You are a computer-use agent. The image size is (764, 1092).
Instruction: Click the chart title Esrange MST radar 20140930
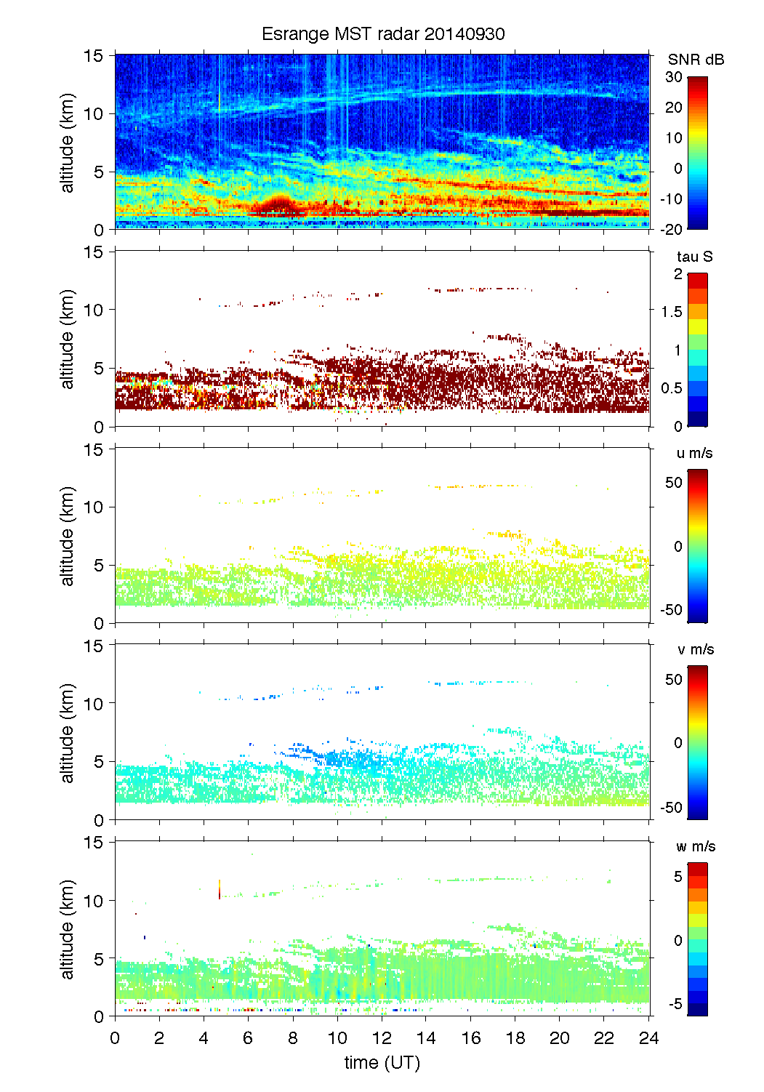click(x=383, y=34)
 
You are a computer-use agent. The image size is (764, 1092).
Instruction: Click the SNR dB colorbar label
click(x=696, y=60)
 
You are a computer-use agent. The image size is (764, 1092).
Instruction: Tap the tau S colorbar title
click(x=694, y=257)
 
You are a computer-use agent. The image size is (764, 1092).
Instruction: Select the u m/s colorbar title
click(x=694, y=453)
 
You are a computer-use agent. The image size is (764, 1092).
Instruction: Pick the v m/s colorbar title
click(x=695, y=649)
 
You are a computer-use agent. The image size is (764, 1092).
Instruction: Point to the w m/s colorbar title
click(x=695, y=846)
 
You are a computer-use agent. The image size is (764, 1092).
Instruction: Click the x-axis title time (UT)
click(x=382, y=1062)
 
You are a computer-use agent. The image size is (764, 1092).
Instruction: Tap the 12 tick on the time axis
click(x=382, y=1037)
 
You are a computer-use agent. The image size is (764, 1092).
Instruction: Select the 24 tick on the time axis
click(x=648, y=1037)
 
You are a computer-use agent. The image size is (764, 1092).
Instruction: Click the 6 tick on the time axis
click(x=248, y=1037)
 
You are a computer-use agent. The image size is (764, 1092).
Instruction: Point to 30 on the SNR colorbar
click(x=674, y=77)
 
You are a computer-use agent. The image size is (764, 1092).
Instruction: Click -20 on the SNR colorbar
click(x=672, y=229)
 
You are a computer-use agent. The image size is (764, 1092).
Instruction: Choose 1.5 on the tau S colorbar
click(x=671, y=312)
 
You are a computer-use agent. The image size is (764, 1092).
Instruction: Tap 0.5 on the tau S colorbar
click(x=671, y=388)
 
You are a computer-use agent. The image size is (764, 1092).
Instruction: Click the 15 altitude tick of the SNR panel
click(x=94, y=56)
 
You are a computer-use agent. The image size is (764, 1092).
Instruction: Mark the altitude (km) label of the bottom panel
click(x=68, y=929)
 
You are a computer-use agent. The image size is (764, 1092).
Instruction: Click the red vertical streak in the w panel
click(x=220, y=889)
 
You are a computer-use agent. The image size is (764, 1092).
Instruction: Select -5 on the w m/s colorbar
click(x=675, y=1003)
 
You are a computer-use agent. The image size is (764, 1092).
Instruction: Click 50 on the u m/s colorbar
click(x=674, y=483)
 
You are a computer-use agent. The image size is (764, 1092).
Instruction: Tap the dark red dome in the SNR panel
click(x=276, y=205)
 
